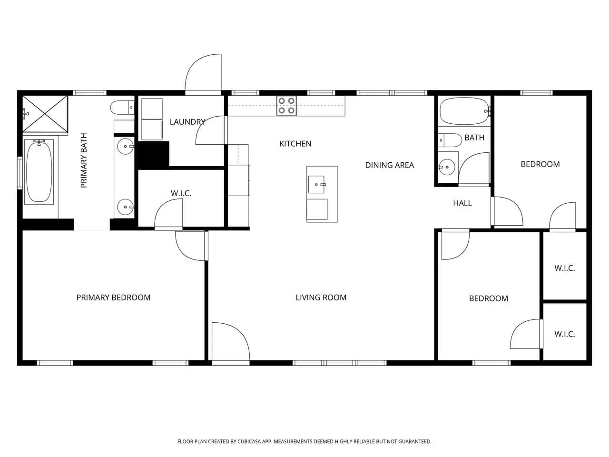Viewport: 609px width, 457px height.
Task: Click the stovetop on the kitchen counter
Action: point(286,106)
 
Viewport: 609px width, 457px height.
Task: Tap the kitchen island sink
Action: point(316,184)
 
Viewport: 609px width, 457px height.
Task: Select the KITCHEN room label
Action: point(295,144)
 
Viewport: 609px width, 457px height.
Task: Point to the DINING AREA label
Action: point(390,165)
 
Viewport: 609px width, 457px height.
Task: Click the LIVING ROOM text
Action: point(321,298)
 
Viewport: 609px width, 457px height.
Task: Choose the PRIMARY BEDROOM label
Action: point(114,298)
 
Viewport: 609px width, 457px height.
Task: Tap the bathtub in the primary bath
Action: point(39,172)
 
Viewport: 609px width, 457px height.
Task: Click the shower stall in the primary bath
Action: point(45,114)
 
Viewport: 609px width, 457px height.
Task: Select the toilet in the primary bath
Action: point(122,108)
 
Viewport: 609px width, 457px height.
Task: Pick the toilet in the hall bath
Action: point(450,140)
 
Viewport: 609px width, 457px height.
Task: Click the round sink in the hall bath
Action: point(447,167)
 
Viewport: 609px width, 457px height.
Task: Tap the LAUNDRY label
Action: point(187,122)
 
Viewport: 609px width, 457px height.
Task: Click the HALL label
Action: point(462,203)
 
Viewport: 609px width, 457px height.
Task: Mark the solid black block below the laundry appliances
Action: point(153,154)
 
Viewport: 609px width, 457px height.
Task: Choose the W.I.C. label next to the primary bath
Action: point(181,193)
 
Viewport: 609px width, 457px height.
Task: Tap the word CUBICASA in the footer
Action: point(250,441)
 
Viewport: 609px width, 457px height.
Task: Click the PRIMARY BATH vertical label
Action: point(84,160)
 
